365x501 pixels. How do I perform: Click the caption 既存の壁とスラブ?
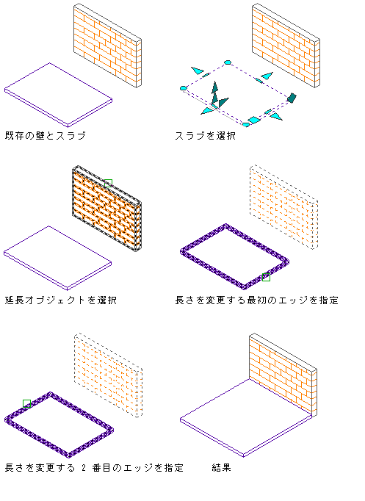pyautogui.click(x=46, y=136)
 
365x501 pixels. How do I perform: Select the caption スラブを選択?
pyautogui.click(x=206, y=136)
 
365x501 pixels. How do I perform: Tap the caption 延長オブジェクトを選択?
pyautogui.click(x=61, y=300)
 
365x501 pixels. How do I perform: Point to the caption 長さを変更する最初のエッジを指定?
pyautogui.click(x=257, y=300)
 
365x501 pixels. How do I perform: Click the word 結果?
pyautogui.click(x=221, y=468)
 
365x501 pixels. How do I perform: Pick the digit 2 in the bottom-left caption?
pyautogui.click(x=84, y=468)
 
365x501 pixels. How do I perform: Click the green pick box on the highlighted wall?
pyautogui.click(x=108, y=183)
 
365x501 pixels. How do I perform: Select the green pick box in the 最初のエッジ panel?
pyautogui.click(x=266, y=278)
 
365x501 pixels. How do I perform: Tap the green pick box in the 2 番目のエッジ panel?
pyautogui.click(x=27, y=403)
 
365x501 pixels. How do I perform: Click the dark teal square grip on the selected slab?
pyautogui.click(x=292, y=98)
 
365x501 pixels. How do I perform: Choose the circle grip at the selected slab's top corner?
pyautogui.click(x=228, y=62)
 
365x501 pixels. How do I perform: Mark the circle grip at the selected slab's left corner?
pyautogui.click(x=184, y=88)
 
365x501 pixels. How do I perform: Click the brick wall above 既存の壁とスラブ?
pyautogui.click(x=107, y=46)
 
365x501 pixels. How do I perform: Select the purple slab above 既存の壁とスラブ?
pyautogui.click(x=59, y=95)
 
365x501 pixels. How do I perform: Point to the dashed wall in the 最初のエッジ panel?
pyautogui.click(x=283, y=206)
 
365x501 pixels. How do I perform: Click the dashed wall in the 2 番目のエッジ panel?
pyautogui.click(x=108, y=375)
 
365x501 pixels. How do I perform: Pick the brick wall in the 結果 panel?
pyautogui.click(x=283, y=375)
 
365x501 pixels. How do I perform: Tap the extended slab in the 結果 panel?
pyautogui.click(x=246, y=418)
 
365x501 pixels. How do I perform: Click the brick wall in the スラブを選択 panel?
pyautogui.click(x=286, y=46)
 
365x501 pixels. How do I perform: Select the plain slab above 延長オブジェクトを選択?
pyautogui.click(x=58, y=258)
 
